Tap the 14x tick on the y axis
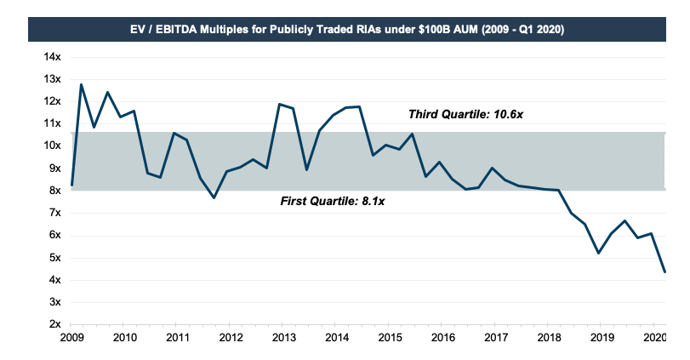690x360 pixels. pyautogui.click(x=53, y=56)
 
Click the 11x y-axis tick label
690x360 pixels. pyautogui.click(x=53, y=123)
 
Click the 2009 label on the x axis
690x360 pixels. pyautogui.click(x=71, y=339)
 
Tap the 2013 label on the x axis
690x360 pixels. pyautogui.click(x=283, y=339)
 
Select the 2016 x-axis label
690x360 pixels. pyautogui.click(x=442, y=339)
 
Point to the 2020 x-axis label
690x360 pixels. pyautogui.click(x=653, y=339)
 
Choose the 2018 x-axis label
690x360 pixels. pyautogui.click(x=547, y=339)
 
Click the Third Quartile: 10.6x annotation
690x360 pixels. pyautogui.click(x=462, y=114)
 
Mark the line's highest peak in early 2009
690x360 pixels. pyautogui.click(x=81, y=84)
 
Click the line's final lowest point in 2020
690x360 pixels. pyautogui.click(x=664, y=272)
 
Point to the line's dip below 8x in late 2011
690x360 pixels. pyautogui.click(x=214, y=197)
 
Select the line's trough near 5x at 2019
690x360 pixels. pyautogui.click(x=599, y=253)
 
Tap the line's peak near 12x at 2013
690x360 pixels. pyautogui.click(x=279, y=104)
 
